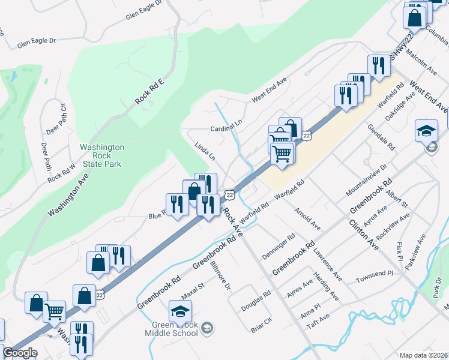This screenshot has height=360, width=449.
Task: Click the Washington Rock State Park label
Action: [x=102, y=155]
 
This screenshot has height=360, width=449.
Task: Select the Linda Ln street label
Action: [x=205, y=151]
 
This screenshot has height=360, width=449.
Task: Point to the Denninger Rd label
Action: [x=279, y=247]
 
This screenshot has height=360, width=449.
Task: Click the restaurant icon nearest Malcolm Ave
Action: [x=378, y=65]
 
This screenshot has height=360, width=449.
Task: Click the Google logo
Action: [x=20, y=353]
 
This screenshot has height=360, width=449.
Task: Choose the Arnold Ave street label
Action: [x=308, y=219]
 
